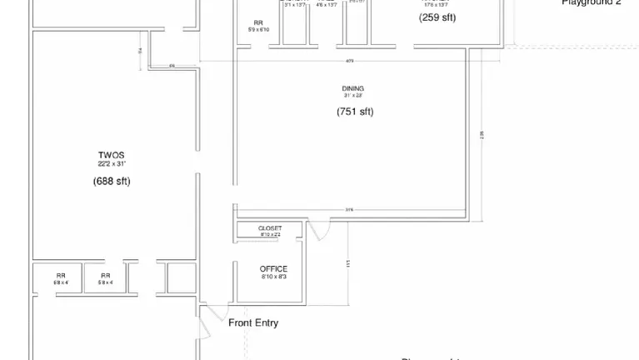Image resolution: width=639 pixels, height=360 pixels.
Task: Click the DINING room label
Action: click(352, 88)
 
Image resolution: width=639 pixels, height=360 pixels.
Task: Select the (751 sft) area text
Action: click(354, 112)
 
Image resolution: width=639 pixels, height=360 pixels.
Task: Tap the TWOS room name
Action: click(111, 155)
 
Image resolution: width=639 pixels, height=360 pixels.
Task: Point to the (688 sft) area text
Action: click(112, 181)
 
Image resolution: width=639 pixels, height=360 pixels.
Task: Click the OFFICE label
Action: click(273, 269)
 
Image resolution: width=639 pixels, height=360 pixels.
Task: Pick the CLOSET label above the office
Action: click(270, 228)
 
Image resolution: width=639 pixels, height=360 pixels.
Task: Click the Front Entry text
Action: click(253, 323)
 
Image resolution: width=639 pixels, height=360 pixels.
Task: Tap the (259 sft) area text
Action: click(437, 17)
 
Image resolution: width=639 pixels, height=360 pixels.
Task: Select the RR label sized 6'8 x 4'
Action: click(61, 276)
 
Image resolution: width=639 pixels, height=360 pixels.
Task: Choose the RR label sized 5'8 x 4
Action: click(106, 276)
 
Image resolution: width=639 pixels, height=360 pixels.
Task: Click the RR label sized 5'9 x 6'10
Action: click(258, 23)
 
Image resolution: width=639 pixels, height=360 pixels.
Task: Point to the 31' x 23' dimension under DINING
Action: click(352, 96)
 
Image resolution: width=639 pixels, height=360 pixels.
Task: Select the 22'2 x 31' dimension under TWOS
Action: click(111, 164)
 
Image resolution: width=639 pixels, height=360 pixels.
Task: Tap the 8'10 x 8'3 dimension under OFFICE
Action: click(273, 277)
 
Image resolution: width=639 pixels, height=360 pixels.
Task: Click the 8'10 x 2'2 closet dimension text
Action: click(270, 235)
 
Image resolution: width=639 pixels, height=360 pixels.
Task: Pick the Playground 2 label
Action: click(592, 3)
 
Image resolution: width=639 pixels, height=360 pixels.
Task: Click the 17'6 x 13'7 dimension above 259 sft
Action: click(436, 5)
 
